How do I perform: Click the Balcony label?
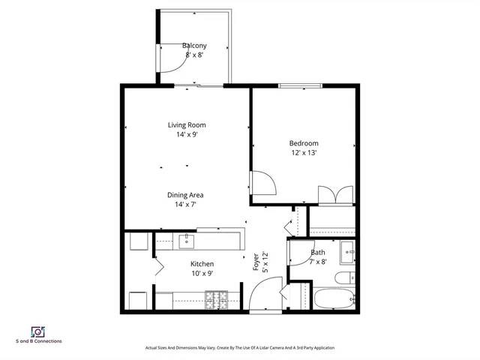[194, 46]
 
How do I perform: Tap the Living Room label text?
[186, 125]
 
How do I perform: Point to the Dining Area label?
[185, 195]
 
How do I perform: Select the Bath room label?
[319, 253]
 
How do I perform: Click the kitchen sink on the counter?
[186, 241]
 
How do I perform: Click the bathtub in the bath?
[333, 298]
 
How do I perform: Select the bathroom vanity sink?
[347, 252]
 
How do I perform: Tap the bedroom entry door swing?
[262, 182]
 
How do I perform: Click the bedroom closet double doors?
[334, 194]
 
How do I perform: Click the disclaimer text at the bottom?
[239, 348]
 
